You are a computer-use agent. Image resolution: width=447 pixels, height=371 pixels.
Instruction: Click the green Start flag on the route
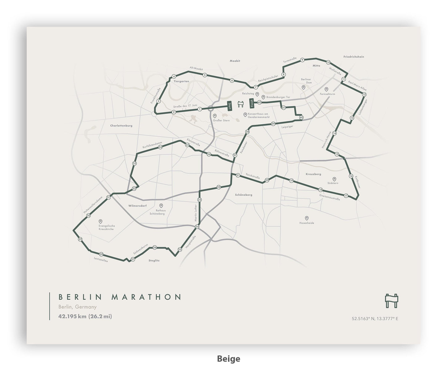click(230, 106)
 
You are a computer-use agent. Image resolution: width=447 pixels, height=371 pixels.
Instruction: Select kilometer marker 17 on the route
click(346, 196)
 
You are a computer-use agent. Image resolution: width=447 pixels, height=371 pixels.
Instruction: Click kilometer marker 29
click(80, 239)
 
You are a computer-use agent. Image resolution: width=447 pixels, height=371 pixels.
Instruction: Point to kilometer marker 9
click(302, 60)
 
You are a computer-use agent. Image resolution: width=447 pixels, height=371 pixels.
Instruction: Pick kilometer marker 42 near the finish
click(260, 102)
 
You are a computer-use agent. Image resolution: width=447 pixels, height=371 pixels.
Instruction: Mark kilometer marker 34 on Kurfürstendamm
click(160, 147)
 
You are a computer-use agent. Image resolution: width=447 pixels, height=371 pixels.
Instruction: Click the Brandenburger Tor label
click(278, 97)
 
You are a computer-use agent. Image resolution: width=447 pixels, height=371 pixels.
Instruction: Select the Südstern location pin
click(334, 179)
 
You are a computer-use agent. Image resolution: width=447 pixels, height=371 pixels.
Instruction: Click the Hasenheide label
click(307, 223)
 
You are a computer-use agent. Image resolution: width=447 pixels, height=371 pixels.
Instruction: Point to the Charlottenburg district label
click(121, 126)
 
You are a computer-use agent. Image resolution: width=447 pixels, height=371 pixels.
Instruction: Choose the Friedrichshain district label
click(354, 57)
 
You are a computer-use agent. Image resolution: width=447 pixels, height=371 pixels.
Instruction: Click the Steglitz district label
click(154, 261)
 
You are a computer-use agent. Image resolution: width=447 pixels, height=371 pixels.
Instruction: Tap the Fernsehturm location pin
click(326, 89)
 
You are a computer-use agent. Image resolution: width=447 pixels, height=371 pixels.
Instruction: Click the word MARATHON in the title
click(146, 297)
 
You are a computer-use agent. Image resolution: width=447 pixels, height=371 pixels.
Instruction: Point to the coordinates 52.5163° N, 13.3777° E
click(375, 318)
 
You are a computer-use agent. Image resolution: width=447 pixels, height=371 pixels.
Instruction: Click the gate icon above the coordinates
click(391, 301)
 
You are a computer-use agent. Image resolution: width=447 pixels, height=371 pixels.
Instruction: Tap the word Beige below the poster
click(229, 359)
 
